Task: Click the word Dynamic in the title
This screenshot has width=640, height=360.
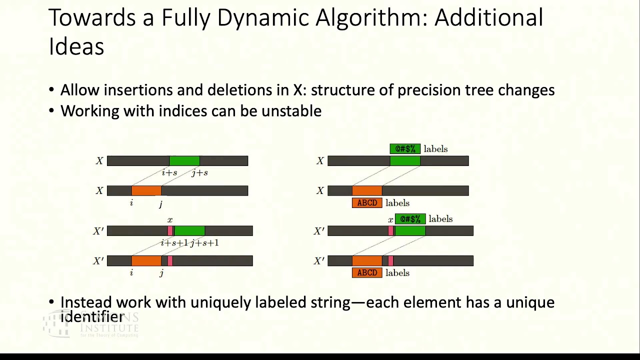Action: point(263,18)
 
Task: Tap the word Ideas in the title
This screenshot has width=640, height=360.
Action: point(76,46)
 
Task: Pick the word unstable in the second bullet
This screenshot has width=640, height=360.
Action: point(291,111)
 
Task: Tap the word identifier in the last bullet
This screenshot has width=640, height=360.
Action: point(92,316)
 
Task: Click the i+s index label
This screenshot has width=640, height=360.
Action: point(169,173)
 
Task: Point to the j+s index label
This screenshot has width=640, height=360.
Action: point(199,173)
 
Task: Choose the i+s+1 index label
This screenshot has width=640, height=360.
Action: point(174,243)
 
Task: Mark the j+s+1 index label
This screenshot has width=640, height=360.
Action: point(204,243)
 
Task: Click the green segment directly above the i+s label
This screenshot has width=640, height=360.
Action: point(184,160)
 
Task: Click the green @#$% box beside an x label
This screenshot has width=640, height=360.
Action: point(410,219)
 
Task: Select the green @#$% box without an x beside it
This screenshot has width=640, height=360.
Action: point(405,149)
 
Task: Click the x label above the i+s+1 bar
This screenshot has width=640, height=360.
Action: point(170,220)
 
